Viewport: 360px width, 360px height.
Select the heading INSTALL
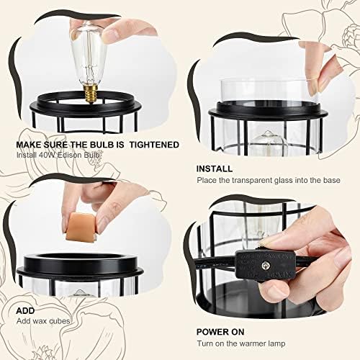tap(214, 168)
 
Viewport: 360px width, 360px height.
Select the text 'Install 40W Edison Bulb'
tap(58, 155)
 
